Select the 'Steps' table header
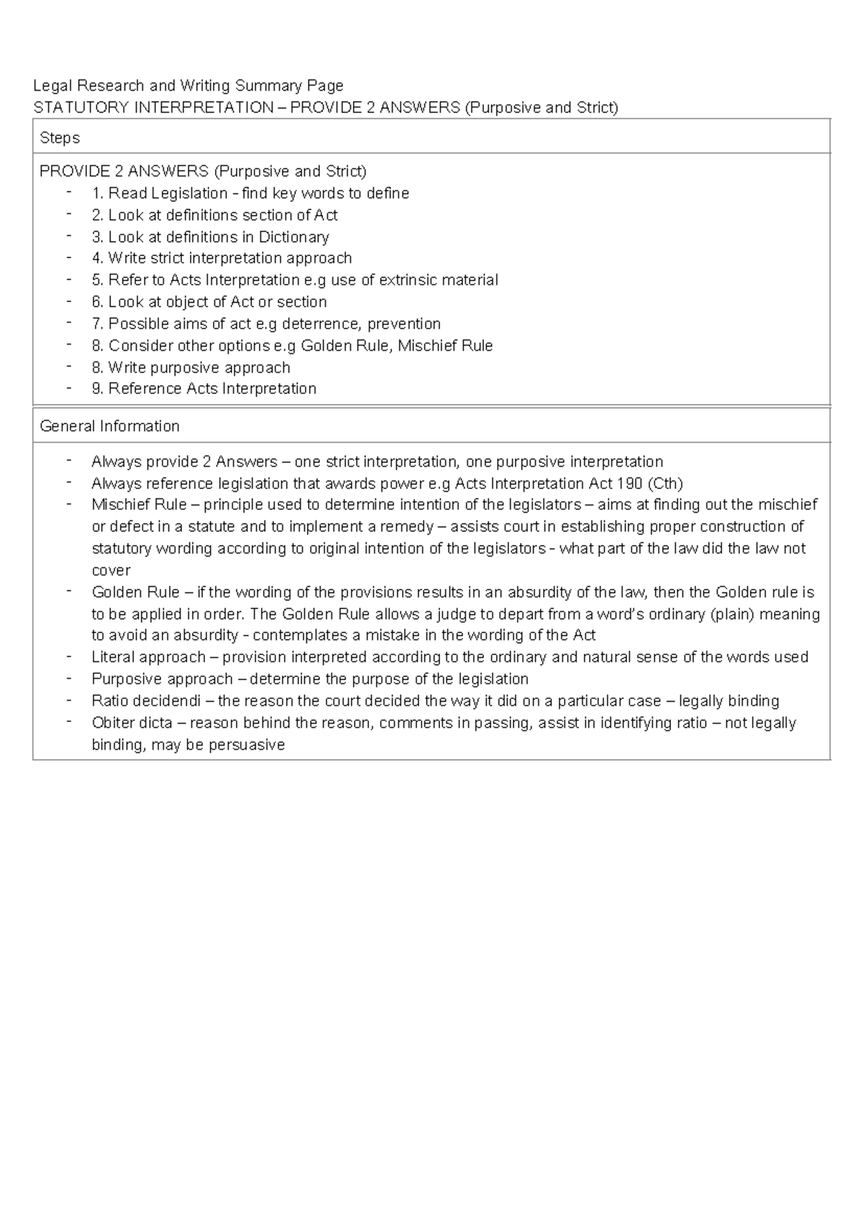point(60,137)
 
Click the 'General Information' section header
point(109,426)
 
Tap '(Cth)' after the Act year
point(665,483)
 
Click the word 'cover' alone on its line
point(111,570)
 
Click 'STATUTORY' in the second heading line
point(77,108)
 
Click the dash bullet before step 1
point(68,192)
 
